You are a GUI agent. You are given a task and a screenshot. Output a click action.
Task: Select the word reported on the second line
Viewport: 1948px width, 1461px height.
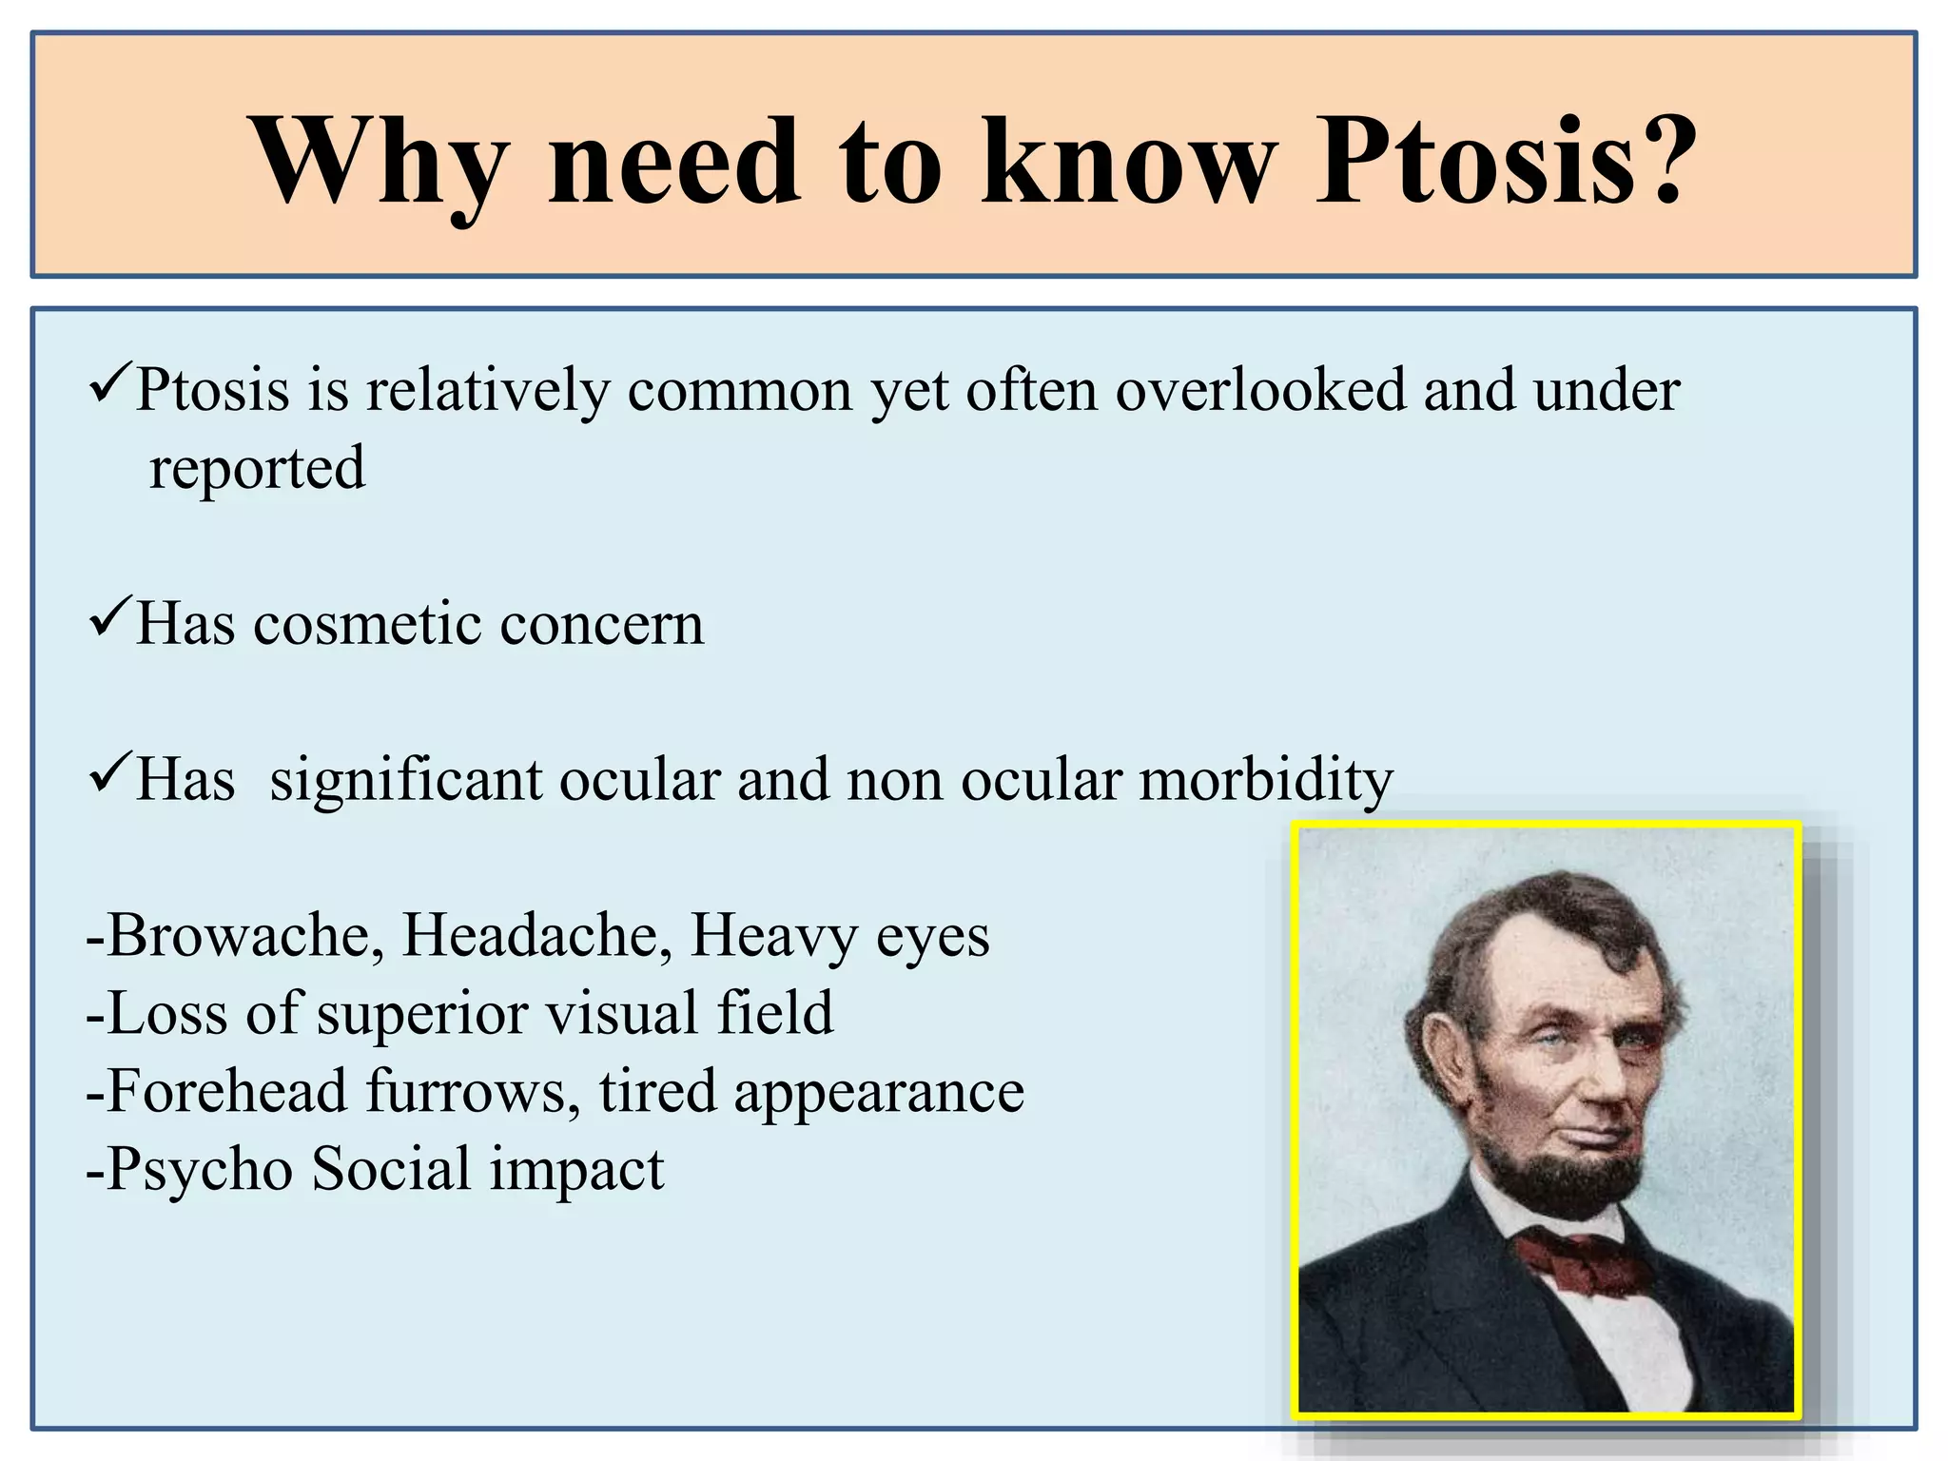(x=257, y=468)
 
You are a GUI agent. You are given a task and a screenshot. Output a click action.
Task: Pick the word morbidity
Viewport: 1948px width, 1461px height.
(x=1265, y=780)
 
